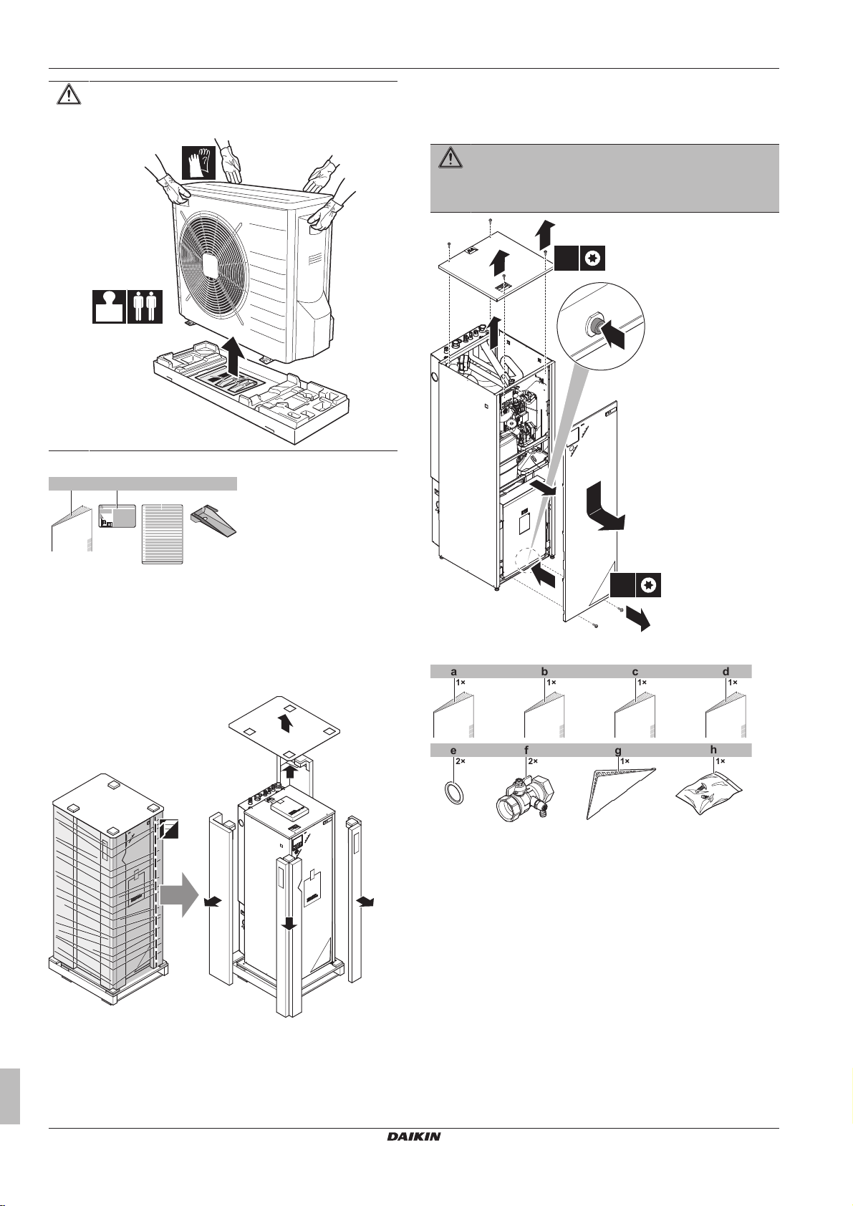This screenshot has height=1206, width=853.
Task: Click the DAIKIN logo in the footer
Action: (x=414, y=1137)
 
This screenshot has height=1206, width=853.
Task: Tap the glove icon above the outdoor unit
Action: (x=198, y=162)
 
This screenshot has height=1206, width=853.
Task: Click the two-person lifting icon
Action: (x=145, y=307)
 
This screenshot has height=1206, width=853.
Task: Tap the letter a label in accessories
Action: (x=453, y=672)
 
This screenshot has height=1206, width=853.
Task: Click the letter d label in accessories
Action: (x=726, y=672)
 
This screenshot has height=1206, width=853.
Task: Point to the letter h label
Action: (x=713, y=750)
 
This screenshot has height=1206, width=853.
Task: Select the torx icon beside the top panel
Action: (x=592, y=258)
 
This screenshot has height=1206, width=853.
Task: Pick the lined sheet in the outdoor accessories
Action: (x=162, y=534)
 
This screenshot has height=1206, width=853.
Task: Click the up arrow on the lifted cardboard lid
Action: (x=286, y=722)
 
